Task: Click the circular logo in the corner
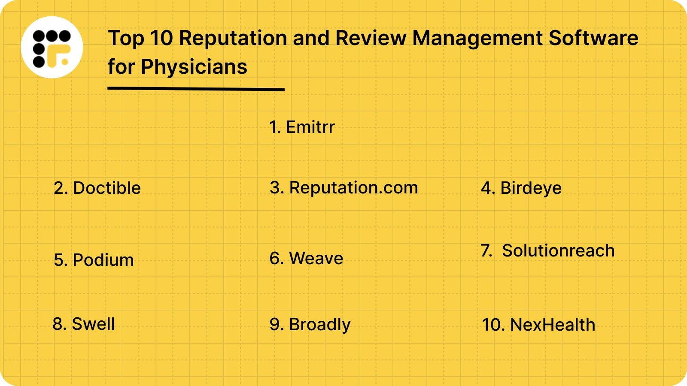tap(52, 47)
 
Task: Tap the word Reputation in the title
tap(232, 38)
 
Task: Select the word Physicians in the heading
tap(194, 67)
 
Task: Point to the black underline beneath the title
tap(196, 89)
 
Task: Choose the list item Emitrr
tap(302, 127)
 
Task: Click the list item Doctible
tap(97, 188)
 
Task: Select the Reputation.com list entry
tap(344, 188)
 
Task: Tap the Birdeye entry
tap(521, 188)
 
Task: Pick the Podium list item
tap(94, 260)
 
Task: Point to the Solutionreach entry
tap(548, 250)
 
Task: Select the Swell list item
tap(84, 324)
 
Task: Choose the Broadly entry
tap(310, 325)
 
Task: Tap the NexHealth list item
tap(538, 325)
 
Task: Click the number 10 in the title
tap(161, 38)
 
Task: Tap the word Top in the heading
tap(125, 39)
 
